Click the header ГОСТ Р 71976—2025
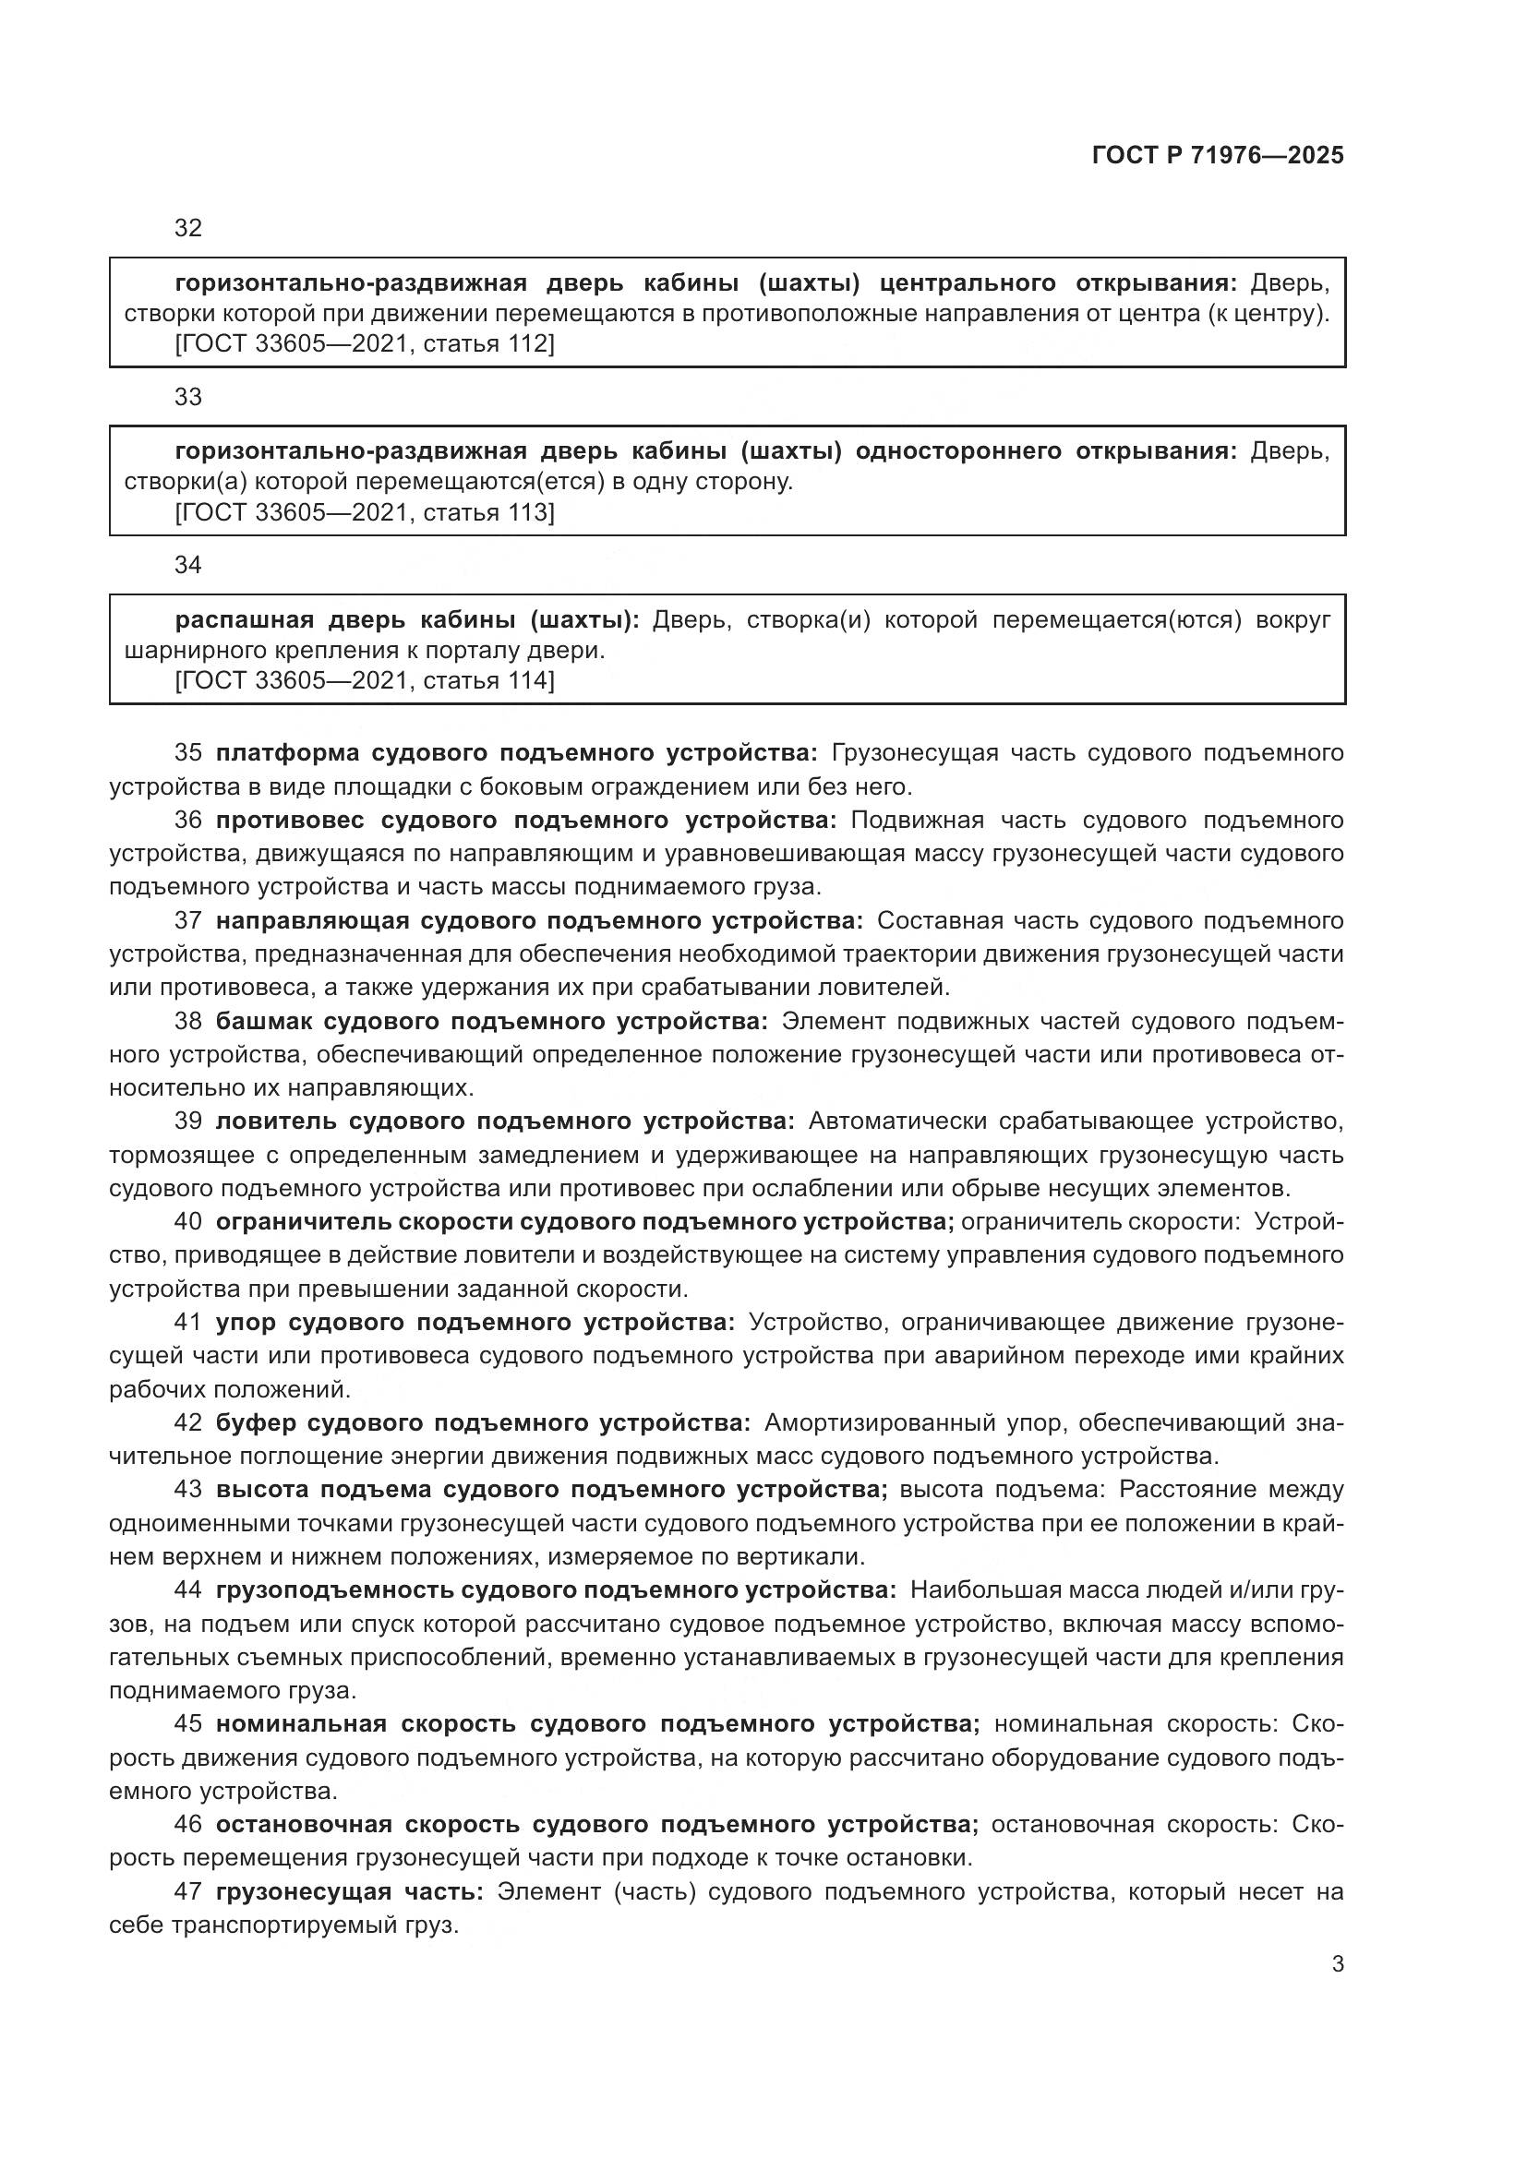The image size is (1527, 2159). click(1217, 155)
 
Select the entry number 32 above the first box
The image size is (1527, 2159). click(188, 229)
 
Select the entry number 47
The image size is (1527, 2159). click(188, 1891)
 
